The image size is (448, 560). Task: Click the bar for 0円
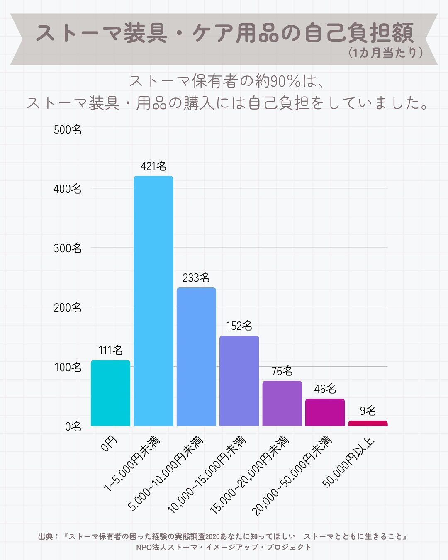pyautogui.click(x=110, y=393)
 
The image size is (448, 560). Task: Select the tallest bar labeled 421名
pyautogui.click(x=153, y=301)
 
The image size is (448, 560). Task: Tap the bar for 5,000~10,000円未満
pyautogui.click(x=196, y=356)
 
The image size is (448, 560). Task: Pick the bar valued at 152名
pyautogui.click(x=239, y=380)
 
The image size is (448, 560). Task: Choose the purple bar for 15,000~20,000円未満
pyautogui.click(x=282, y=403)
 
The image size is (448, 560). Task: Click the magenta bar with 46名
pyautogui.click(x=325, y=412)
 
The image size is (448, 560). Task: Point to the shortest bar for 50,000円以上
pyautogui.click(x=368, y=423)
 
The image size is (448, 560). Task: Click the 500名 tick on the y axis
pyautogui.click(x=68, y=129)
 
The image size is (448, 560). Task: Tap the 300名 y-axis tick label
pyautogui.click(x=68, y=248)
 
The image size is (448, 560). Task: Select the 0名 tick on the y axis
pyautogui.click(x=73, y=426)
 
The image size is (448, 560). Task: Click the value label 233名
pyautogui.click(x=196, y=278)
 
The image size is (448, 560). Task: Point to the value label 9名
pyautogui.click(x=368, y=411)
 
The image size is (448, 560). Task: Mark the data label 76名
pyautogui.click(x=282, y=371)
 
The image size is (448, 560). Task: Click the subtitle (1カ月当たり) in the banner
pyautogui.click(x=386, y=53)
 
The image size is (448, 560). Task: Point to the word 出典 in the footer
pyautogui.click(x=46, y=536)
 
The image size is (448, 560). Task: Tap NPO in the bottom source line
pyautogui.click(x=144, y=547)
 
